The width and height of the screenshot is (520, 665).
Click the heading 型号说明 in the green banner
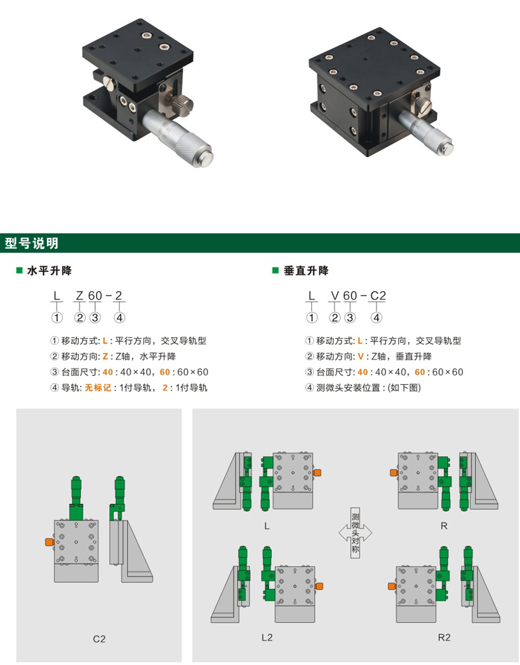[31, 243]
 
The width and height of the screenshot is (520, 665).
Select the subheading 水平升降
[49, 271]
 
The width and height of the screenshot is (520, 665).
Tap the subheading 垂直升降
[306, 271]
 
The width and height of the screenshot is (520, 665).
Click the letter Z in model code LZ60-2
[80, 295]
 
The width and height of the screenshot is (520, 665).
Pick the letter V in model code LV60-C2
[335, 295]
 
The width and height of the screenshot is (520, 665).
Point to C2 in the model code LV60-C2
[378, 295]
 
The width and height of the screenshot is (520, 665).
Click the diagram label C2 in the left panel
[99, 638]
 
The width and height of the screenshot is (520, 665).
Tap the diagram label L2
[267, 637]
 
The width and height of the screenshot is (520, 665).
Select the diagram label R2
[444, 637]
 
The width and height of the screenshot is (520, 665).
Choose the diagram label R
[444, 526]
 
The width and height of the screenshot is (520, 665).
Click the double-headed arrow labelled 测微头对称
[355, 532]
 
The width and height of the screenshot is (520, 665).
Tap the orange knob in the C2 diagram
[50, 542]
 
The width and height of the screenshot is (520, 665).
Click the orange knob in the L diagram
[317, 473]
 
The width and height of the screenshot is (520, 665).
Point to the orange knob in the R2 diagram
[392, 586]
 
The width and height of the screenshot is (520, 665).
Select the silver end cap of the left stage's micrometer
[205, 158]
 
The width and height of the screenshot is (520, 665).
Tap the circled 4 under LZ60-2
[119, 318]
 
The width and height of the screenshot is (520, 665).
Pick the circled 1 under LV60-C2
[312, 318]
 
